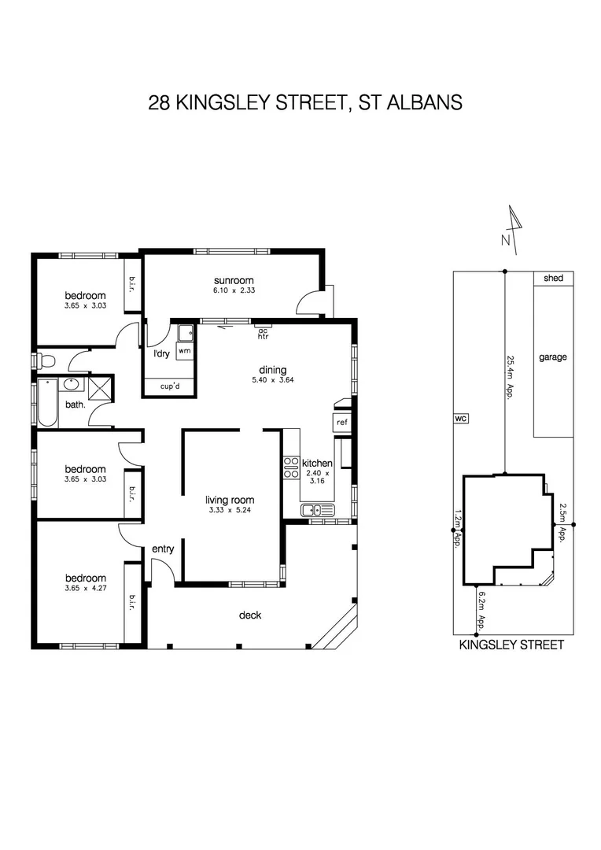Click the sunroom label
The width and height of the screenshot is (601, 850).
tap(234, 281)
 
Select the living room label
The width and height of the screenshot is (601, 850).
tap(230, 500)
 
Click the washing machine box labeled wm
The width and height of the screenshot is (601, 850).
tap(184, 350)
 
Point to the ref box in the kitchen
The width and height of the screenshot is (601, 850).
tap(341, 423)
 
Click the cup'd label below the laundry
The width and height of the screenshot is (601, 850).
tap(169, 386)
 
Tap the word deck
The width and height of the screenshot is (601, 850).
tap(250, 615)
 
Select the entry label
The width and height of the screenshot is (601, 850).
tap(163, 549)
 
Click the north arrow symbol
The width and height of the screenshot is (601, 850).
tap(513, 229)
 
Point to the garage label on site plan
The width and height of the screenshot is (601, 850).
tap(552, 357)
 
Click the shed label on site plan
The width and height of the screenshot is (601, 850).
tap(553, 278)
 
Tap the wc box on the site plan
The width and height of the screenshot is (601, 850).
tap(460, 419)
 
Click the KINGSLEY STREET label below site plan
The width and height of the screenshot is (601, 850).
tap(512, 645)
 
